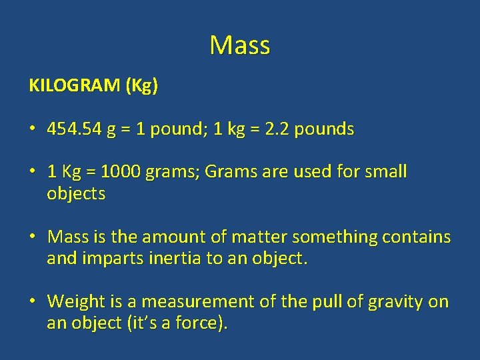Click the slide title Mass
click(x=239, y=45)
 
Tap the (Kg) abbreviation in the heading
click(x=141, y=87)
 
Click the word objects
click(x=76, y=194)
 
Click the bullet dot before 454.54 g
click(x=32, y=129)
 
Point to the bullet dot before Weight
click(x=32, y=302)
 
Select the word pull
click(x=327, y=301)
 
